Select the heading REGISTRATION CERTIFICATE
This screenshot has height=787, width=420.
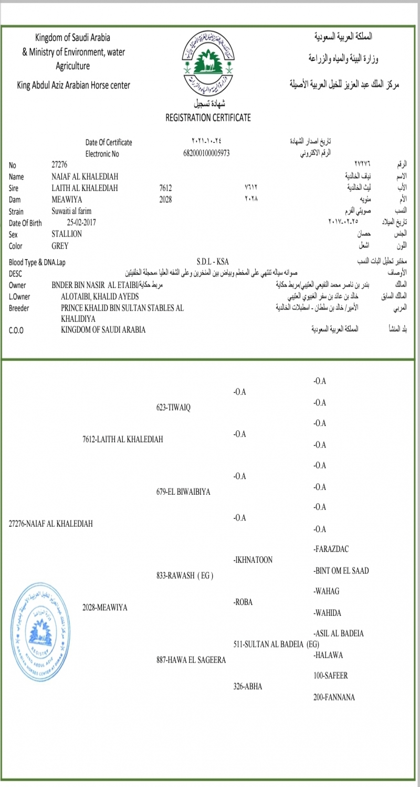[208, 118]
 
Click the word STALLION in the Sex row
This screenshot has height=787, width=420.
[67, 234]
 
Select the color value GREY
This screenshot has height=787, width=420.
[60, 246]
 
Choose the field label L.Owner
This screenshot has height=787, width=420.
[19, 296]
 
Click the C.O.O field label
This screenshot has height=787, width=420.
[18, 330]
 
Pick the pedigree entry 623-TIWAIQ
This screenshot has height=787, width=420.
[173, 408]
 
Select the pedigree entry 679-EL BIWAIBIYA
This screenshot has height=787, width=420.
[183, 492]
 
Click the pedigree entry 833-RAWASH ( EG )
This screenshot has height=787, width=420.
[185, 576]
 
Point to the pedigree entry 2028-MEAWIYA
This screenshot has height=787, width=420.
[105, 608]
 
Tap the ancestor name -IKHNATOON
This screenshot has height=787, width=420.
[253, 560]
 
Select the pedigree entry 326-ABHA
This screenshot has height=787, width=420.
[248, 686]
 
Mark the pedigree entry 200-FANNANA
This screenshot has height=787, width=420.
[334, 697]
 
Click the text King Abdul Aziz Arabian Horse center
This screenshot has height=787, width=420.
[73, 85]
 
